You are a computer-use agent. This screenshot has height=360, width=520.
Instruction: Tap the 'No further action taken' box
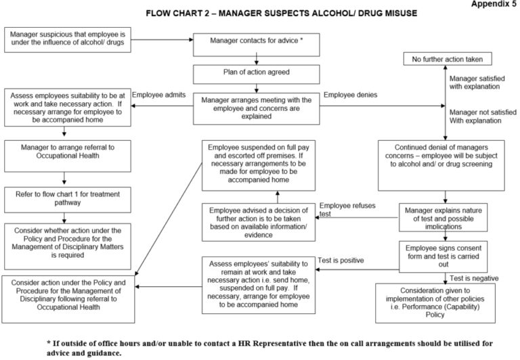[x=448, y=59]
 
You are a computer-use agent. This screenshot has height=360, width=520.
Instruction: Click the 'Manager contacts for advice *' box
[x=255, y=41]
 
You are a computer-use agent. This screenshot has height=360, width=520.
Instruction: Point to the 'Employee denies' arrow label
[x=350, y=95]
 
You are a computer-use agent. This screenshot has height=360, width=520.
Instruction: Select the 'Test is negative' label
[x=473, y=278]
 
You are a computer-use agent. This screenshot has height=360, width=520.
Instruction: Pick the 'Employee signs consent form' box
[x=445, y=255]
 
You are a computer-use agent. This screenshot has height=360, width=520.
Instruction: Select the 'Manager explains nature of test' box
[x=445, y=217]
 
